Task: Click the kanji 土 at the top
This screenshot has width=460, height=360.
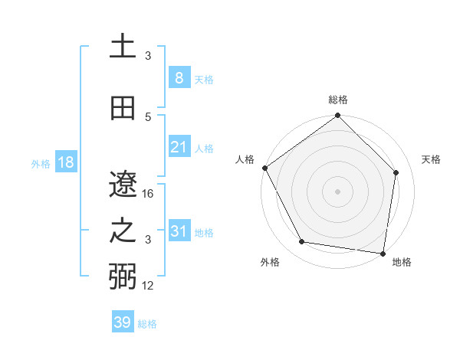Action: [x=123, y=47]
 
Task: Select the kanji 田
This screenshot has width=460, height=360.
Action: [x=123, y=108]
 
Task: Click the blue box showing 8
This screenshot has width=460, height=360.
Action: [x=179, y=77]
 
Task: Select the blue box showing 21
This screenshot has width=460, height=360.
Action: [x=179, y=147]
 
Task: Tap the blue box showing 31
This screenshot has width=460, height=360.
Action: [x=179, y=231]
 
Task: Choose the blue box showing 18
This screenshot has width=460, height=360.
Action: [x=65, y=162]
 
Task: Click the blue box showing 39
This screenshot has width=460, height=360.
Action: [x=122, y=322]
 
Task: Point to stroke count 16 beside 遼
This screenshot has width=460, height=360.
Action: [x=149, y=194]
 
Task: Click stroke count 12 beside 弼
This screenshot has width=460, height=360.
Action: [x=149, y=286]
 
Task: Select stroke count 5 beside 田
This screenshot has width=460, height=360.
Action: [x=149, y=116]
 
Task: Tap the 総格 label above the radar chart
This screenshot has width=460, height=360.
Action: [x=337, y=100]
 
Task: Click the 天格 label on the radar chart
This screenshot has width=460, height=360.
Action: [x=431, y=159]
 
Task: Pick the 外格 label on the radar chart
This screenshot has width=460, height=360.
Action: [x=270, y=262]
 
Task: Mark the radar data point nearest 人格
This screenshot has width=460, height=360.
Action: [x=264, y=168]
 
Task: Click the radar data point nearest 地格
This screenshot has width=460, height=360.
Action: [x=383, y=253]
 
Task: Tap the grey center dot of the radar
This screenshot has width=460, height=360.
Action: [x=337, y=191]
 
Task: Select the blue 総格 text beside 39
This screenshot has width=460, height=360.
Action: [x=147, y=324]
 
